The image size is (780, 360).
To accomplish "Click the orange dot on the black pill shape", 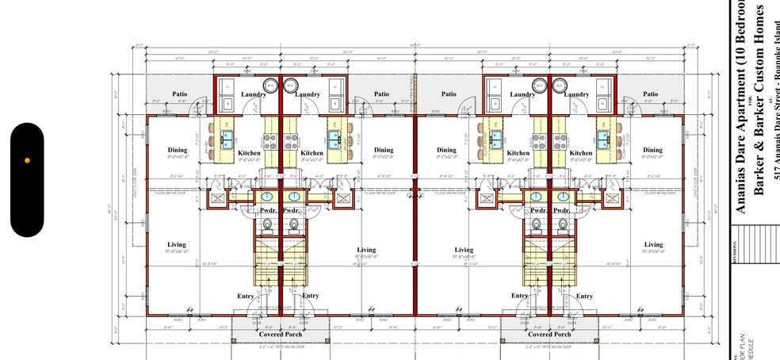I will (27, 160).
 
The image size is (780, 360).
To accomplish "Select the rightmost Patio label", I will (651, 94).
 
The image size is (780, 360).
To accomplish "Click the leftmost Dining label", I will (177, 150).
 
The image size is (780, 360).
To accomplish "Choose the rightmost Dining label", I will (653, 150).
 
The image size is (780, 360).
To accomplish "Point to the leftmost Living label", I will (177, 244).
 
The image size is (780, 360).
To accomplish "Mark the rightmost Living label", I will (653, 244).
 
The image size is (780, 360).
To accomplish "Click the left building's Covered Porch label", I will (281, 335).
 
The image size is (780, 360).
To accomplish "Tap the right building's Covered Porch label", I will (551, 335).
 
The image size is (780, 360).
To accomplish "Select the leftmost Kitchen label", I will (249, 153).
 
